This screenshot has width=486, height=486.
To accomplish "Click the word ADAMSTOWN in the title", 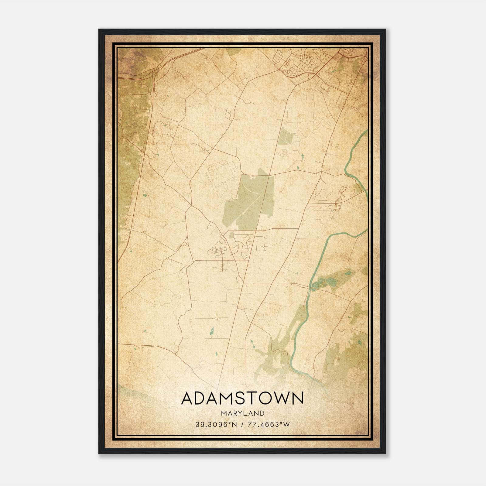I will pyautogui.click(x=242, y=399).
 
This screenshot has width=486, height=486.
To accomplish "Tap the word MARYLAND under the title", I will pyautogui.click(x=242, y=413).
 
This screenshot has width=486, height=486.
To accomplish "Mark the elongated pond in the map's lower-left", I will pyautogui.click(x=212, y=331).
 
